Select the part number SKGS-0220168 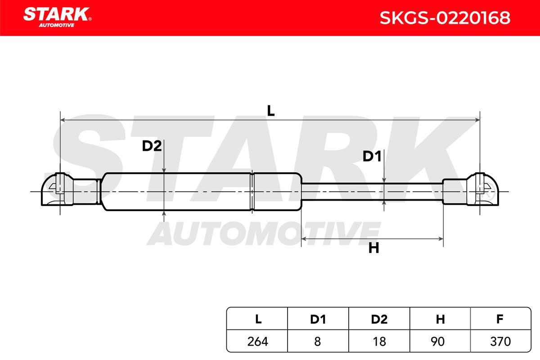pos(445,18)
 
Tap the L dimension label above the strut pos(271,111)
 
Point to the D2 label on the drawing pos(152,146)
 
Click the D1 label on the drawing pos(372,156)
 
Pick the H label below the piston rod pos(373,248)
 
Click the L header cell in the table pos(257,319)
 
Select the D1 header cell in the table pos(318,319)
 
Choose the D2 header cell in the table pos(379,319)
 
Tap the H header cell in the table pos(440,319)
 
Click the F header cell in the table pos(500,319)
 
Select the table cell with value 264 pos(257,341)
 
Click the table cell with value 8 pos(318,341)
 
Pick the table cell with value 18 pos(379,341)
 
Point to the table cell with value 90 pos(440,341)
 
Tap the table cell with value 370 pos(500,341)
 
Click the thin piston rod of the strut pos(372,192)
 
